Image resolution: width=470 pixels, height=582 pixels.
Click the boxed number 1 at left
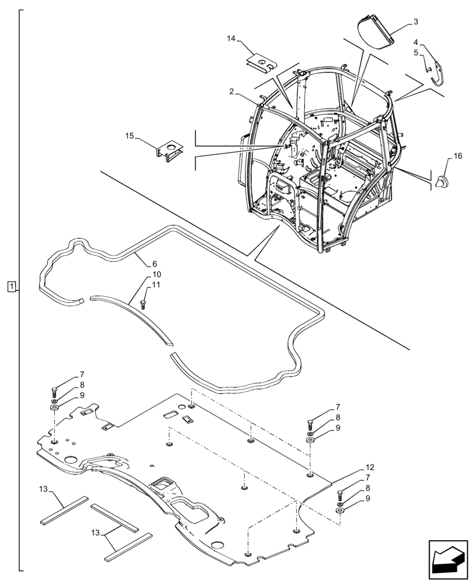tap(12, 286)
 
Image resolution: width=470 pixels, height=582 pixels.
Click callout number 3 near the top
tap(416, 22)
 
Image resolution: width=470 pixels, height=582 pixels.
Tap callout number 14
tap(232, 38)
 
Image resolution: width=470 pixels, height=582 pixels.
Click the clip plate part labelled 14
tap(261, 61)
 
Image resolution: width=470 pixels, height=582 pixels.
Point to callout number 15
tap(130, 136)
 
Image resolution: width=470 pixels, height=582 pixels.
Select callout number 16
tap(457, 157)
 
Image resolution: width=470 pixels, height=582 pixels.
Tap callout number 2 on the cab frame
tap(231, 91)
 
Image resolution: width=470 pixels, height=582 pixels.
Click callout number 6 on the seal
tap(155, 264)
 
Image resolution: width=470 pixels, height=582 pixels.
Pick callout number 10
tap(157, 274)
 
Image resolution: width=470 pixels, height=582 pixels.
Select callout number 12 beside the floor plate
tap(371, 467)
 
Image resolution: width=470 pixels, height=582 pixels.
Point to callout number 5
tap(416, 52)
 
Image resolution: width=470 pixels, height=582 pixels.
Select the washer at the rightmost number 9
tap(340, 510)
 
